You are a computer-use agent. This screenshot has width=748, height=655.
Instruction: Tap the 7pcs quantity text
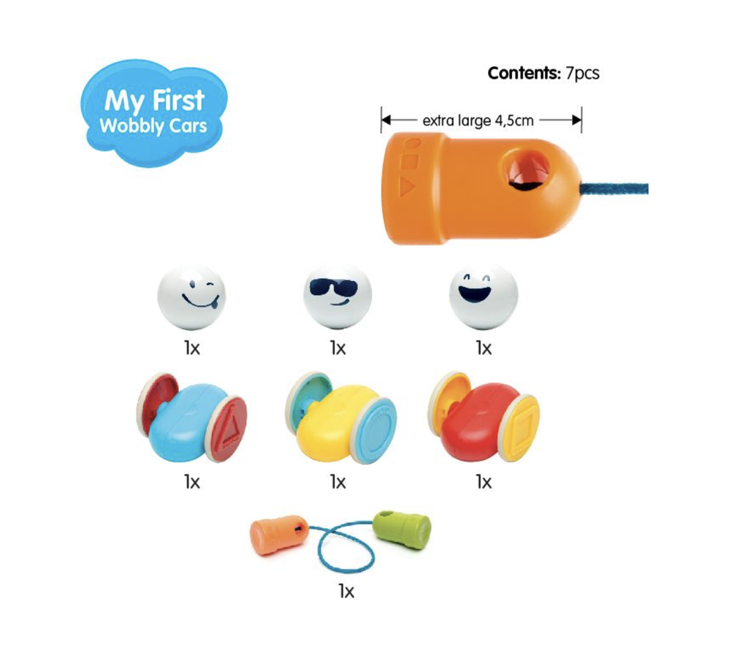click(582, 74)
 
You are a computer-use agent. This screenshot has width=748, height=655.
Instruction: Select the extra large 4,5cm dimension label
click(478, 120)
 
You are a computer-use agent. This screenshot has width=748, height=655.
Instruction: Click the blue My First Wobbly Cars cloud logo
click(153, 113)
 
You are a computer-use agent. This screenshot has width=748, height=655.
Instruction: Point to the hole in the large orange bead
click(527, 171)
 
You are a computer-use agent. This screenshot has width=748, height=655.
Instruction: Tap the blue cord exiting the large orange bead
click(614, 189)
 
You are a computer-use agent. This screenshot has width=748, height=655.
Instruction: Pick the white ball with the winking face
click(192, 296)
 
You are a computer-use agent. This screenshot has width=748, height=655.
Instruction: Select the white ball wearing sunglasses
click(337, 296)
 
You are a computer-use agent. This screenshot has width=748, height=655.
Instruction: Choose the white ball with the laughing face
click(484, 296)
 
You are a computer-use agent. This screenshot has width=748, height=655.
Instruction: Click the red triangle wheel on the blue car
click(229, 429)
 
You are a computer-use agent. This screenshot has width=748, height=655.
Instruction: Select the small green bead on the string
click(402, 530)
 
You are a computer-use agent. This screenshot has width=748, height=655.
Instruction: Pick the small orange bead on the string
click(277, 535)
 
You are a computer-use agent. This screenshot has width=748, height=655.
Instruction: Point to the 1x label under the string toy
click(346, 591)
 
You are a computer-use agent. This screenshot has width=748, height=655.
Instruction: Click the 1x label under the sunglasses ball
click(337, 348)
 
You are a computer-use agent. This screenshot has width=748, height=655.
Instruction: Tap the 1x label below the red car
click(484, 483)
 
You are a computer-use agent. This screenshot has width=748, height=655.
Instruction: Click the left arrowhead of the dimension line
click(386, 120)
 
